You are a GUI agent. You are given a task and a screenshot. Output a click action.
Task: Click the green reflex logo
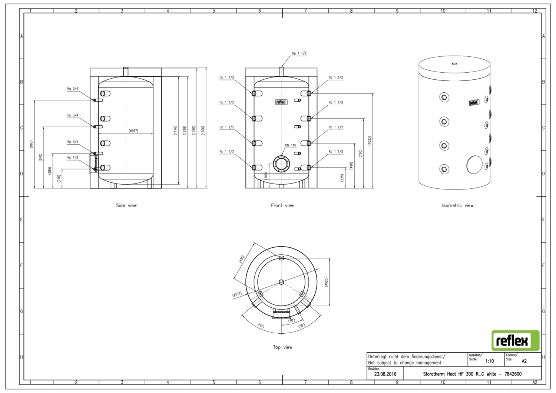515,340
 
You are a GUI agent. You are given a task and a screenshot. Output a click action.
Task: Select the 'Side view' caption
126,205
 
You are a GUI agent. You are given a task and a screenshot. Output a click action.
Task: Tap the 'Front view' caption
282,205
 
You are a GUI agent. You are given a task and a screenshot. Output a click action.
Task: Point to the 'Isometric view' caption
457,205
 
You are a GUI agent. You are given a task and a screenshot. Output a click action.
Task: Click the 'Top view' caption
282,347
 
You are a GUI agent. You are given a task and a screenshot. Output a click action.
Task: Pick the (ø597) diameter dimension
133,131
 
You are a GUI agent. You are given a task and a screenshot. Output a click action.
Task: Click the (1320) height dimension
203,131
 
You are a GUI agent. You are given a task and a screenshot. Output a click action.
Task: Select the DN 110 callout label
291,145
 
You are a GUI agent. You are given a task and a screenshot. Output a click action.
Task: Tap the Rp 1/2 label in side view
73,158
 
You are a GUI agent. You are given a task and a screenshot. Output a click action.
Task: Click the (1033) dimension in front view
369,141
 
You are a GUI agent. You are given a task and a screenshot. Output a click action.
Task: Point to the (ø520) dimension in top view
326,282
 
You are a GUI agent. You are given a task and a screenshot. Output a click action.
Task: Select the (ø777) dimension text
237,295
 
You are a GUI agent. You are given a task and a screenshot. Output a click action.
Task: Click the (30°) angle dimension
292,320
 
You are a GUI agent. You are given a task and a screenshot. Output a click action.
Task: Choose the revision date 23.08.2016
385,374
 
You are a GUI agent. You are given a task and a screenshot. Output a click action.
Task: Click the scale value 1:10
490,361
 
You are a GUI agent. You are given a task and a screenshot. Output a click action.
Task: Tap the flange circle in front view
281,164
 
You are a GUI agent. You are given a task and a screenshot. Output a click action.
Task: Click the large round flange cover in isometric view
474,165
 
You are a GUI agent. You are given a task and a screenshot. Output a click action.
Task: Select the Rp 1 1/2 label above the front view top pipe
299,53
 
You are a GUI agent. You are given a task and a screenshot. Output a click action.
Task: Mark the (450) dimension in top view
241,259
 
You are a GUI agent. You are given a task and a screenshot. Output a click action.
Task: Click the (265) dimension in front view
266,176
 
